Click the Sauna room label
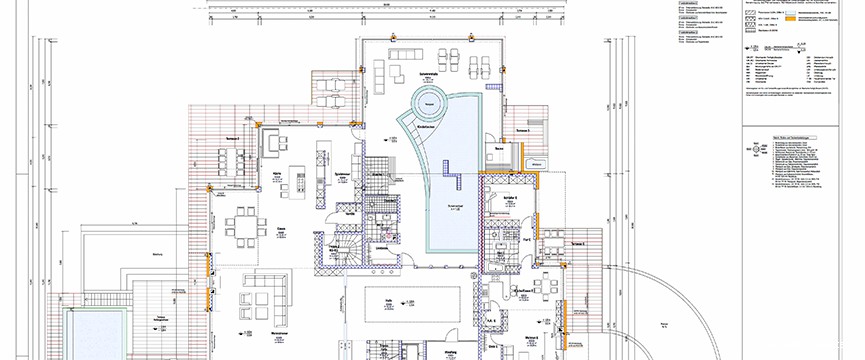pos(498,151)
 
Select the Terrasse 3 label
pos(520,131)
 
